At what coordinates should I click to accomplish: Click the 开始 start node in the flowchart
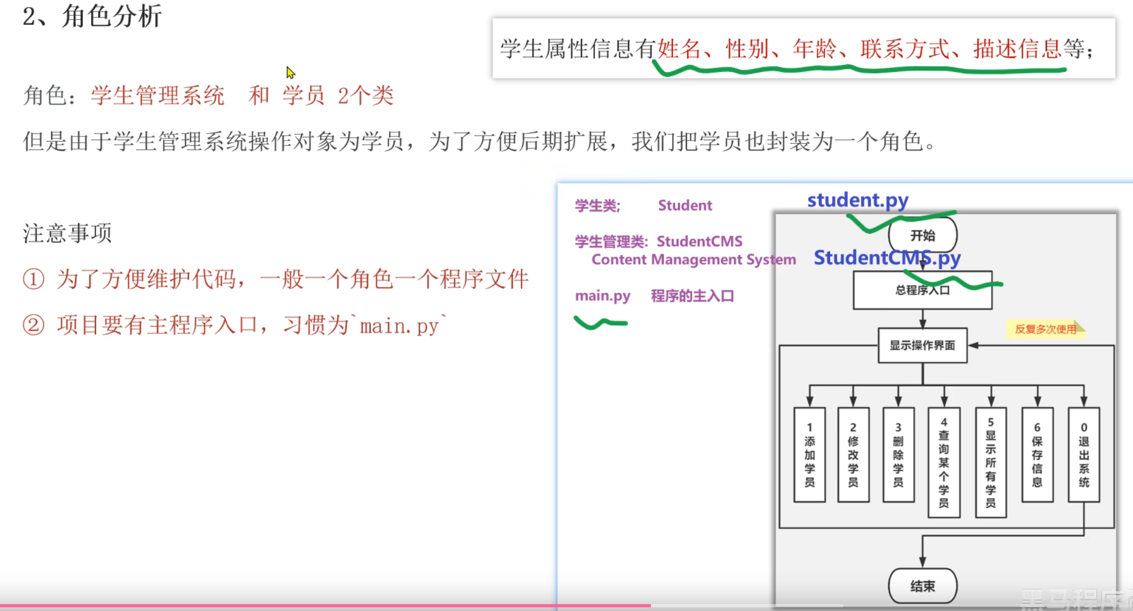point(923,235)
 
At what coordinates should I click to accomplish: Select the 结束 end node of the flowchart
point(923,586)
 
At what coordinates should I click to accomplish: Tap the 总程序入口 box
point(923,290)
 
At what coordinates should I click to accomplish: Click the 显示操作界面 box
point(923,345)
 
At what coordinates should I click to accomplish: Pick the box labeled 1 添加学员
point(809,455)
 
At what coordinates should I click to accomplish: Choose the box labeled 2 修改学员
point(853,455)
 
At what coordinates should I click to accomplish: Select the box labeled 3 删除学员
point(898,455)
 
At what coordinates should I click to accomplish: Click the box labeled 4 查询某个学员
point(944,462)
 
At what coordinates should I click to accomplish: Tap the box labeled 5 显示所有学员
point(991,462)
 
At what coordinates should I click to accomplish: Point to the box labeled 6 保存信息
point(1037,455)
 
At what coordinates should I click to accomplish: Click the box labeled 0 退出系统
point(1084,455)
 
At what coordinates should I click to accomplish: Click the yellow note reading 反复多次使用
point(1045,329)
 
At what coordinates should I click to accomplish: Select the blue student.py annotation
point(858,200)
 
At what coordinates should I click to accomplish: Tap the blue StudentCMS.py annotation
point(887,258)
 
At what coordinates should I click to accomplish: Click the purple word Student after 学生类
point(685,205)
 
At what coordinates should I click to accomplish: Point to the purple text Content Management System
point(694,260)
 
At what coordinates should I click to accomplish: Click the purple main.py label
point(603,295)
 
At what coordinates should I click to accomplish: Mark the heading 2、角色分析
point(93,16)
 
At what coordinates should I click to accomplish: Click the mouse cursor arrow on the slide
point(290,72)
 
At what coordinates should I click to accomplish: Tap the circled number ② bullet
point(33,325)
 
